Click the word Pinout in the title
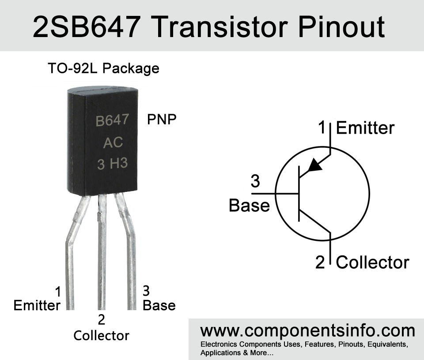(x=341, y=27)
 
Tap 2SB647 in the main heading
(x=87, y=27)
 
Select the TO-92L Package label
(x=103, y=68)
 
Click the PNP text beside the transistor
(x=162, y=119)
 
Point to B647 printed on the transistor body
(x=112, y=120)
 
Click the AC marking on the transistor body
(x=113, y=142)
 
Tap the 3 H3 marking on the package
(x=112, y=164)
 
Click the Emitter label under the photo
(x=37, y=305)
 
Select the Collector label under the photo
(x=102, y=336)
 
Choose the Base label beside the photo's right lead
(x=159, y=305)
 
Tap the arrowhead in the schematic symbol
(x=315, y=165)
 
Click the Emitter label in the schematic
(x=365, y=128)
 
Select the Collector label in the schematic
(x=373, y=262)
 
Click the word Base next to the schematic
(x=249, y=205)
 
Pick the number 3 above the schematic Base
(x=255, y=181)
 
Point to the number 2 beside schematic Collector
(x=320, y=262)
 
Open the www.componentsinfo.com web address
(x=308, y=331)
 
